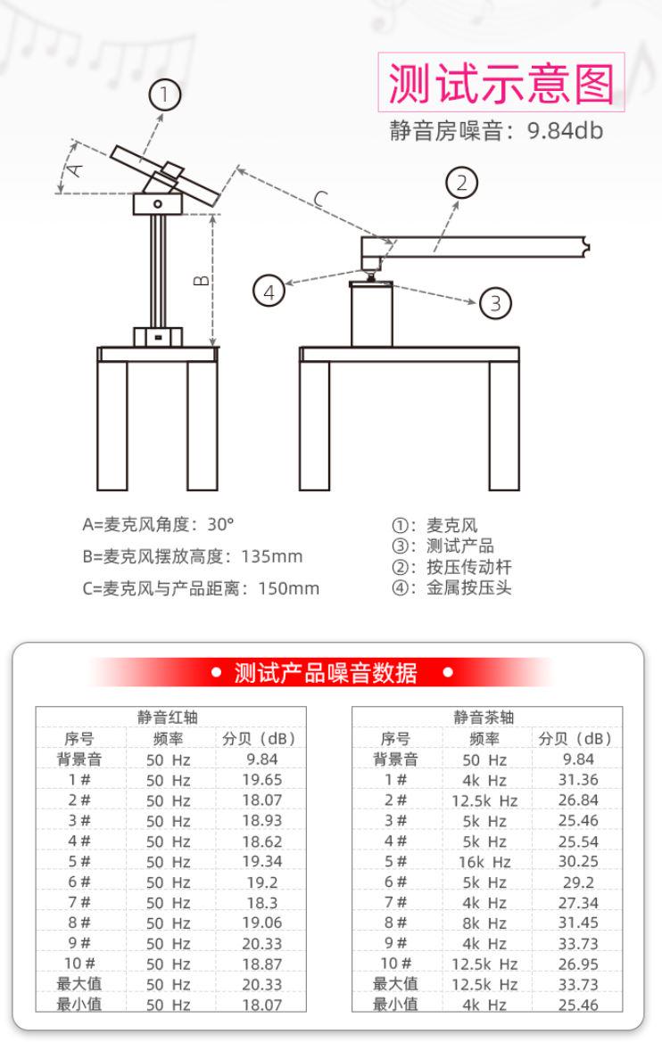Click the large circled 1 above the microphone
165,94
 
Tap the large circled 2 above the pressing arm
461,184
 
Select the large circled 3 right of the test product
495,303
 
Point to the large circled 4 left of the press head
269,289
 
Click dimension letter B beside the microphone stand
203,281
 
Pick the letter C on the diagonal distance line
321,201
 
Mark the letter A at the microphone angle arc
76,167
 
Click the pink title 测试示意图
501,83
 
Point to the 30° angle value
220,524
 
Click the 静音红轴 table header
170,718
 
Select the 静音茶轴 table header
486,718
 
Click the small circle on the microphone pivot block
158,205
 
